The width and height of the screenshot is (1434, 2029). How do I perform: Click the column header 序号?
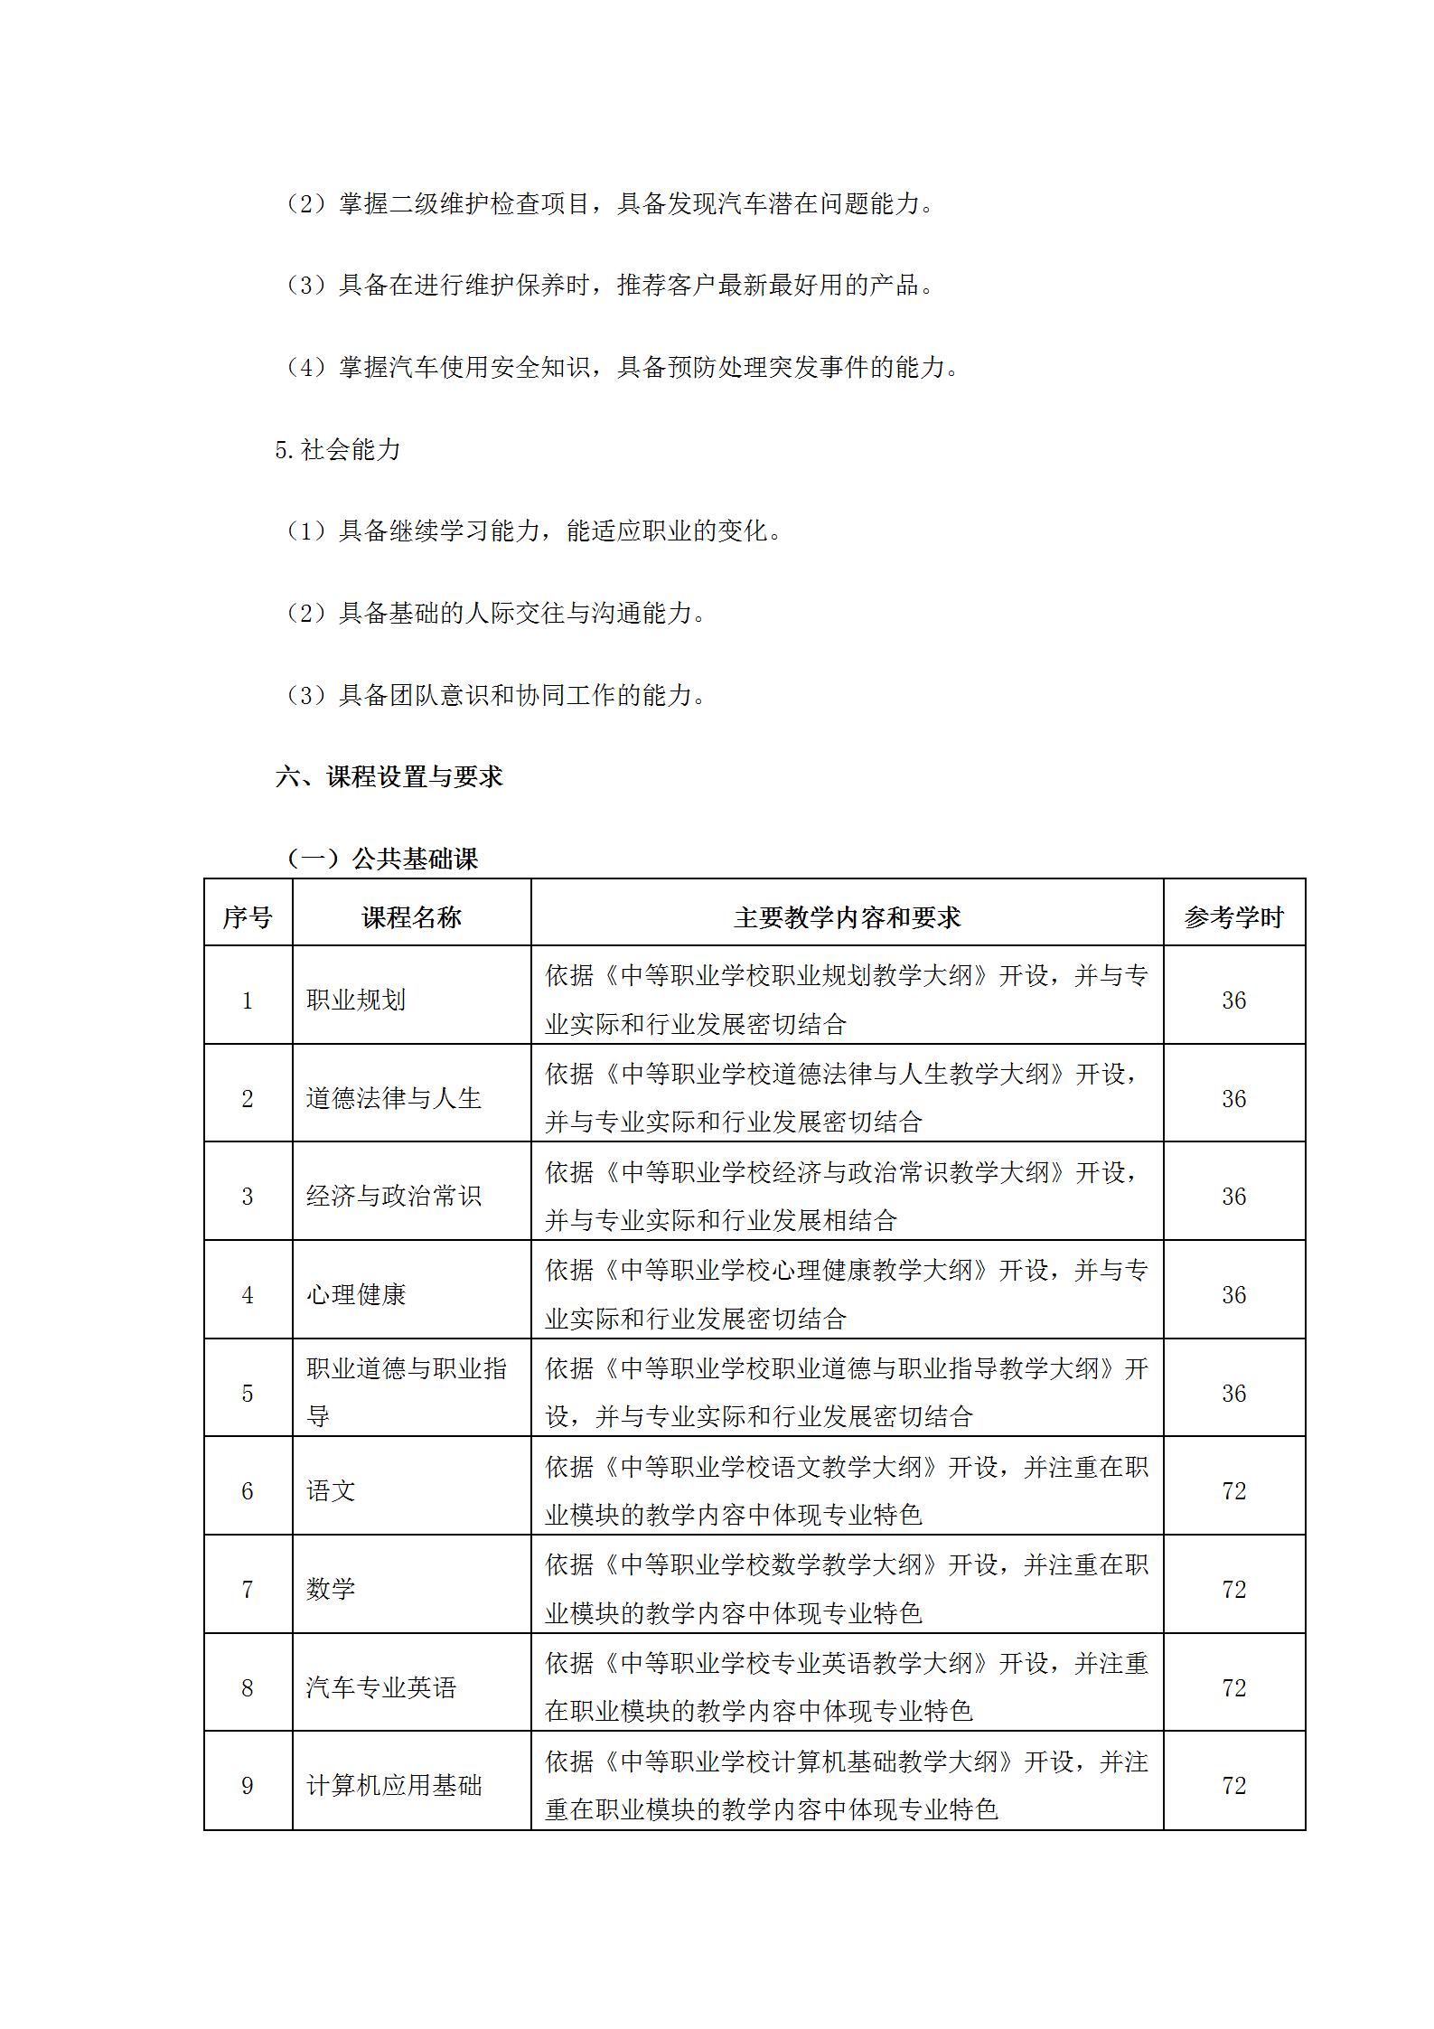point(248,918)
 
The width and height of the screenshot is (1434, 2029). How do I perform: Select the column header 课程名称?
point(411,918)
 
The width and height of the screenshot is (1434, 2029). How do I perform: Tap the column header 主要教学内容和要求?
point(847,918)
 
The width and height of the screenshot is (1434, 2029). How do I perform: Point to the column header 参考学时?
point(1233,918)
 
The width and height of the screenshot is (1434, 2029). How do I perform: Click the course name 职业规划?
point(356,1000)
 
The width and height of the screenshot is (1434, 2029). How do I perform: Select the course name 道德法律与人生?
point(394,1099)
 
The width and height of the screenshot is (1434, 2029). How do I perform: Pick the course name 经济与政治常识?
point(394,1197)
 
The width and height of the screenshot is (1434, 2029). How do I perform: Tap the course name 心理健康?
point(356,1295)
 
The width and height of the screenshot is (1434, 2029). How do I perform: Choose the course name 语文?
point(331,1491)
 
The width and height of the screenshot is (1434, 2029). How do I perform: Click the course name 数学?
point(331,1590)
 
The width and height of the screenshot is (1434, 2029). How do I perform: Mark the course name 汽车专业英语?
point(381,1688)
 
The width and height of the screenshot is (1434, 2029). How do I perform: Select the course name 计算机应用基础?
point(394,1786)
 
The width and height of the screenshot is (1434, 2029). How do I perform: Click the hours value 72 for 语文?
point(1234,1491)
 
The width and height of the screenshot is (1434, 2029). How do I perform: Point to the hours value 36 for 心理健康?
point(1234,1295)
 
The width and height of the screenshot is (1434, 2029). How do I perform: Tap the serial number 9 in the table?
point(248,1786)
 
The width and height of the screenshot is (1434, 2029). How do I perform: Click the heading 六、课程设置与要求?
point(389,776)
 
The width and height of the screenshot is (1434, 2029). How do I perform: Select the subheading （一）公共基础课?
point(381,859)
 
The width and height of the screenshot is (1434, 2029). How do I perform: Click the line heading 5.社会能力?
point(338,449)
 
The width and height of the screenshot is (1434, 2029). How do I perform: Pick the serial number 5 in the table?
point(248,1394)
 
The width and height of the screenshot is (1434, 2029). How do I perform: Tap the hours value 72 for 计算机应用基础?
point(1234,1786)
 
